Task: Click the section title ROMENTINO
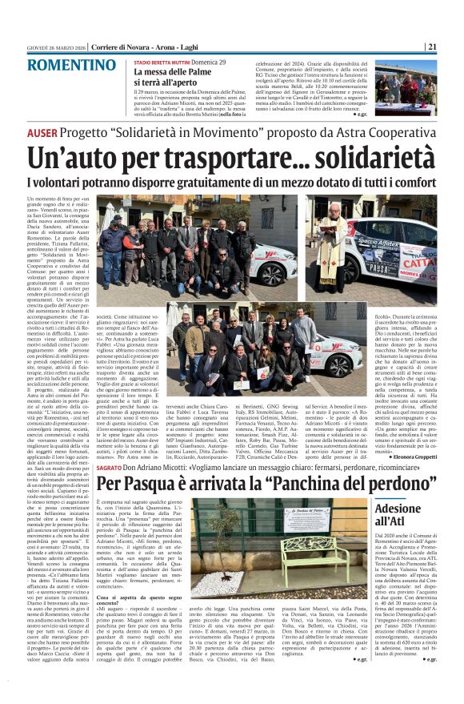(x=66, y=65)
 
